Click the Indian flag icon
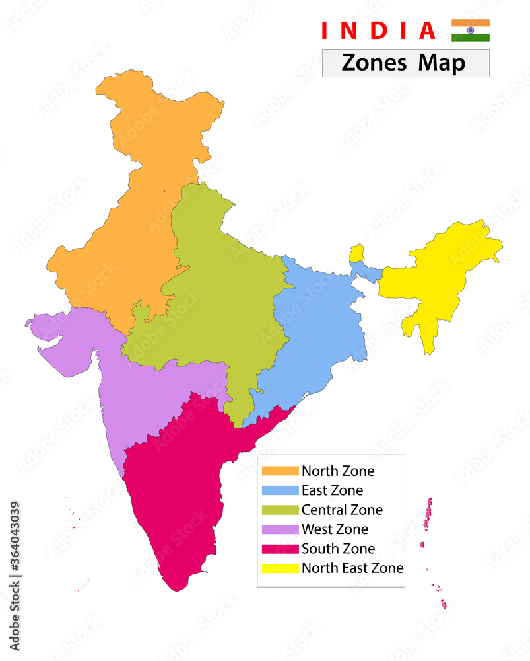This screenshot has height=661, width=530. pyautogui.click(x=470, y=30)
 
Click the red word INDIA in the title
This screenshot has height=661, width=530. pyautogui.click(x=379, y=31)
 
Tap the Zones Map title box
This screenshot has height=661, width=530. pyautogui.click(x=405, y=63)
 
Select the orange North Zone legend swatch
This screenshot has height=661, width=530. pyautogui.click(x=280, y=471)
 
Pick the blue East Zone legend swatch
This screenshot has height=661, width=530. pyautogui.click(x=280, y=490)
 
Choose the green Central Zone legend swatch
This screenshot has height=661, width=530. pyautogui.click(x=280, y=510)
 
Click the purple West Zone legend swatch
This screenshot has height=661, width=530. pyautogui.click(x=280, y=529)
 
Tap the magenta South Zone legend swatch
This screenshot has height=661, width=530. pyautogui.click(x=280, y=549)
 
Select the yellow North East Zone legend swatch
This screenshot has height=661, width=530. pyautogui.click(x=280, y=568)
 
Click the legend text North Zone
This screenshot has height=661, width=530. pyautogui.click(x=338, y=471)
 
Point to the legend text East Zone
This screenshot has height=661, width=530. pyautogui.click(x=332, y=490)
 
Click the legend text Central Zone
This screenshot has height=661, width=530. pyautogui.click(x=342, y=510)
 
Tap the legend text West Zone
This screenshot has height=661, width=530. pyautogui.click(x=335, y=529)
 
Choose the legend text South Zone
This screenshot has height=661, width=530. pyautogui.click(x=338, y=549)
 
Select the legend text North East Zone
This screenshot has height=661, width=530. pyautogui.click(x=352, y=568)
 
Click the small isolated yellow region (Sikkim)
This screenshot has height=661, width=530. pyautogui.click(x=356, y=253)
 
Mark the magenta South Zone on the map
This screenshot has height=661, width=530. pyautogui.click(x=178, y=489)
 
